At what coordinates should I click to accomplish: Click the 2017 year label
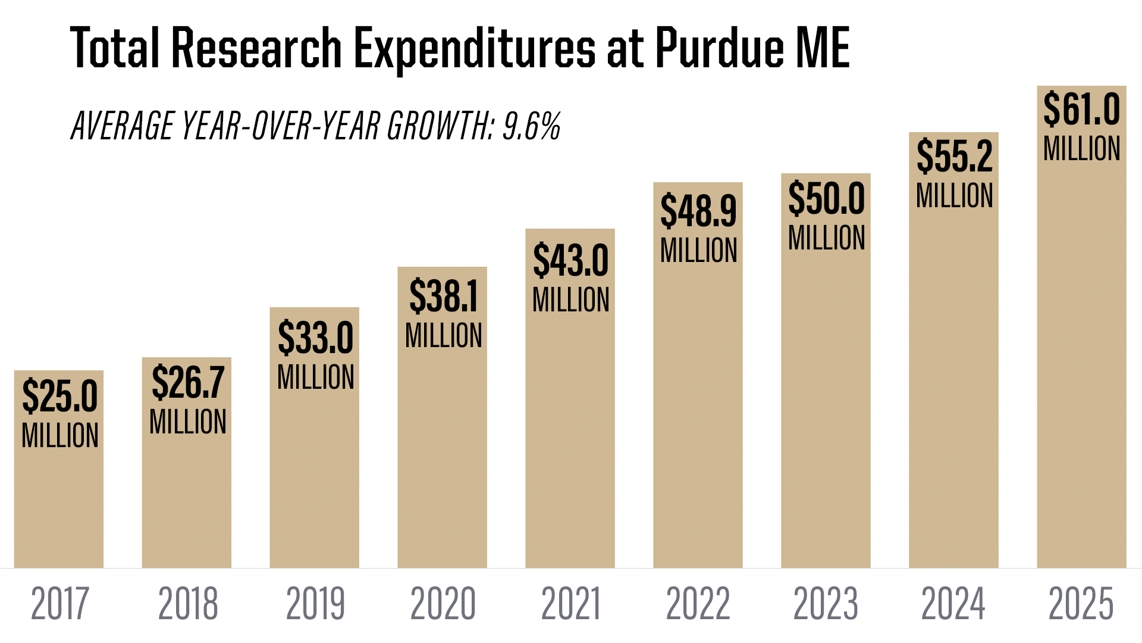(x=59, y=604)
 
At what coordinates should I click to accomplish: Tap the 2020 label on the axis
(x=443, y=604)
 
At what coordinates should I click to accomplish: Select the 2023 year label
(x=826, y=604)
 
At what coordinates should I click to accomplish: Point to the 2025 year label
(x=1081, y=604)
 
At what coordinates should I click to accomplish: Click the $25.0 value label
(x=59, y=396)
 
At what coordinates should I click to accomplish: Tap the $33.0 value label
(x=315, y=338)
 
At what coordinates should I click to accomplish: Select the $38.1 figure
(x=443, y=296)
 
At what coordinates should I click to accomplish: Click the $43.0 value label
(x=570, y=260)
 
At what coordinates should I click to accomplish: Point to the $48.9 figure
(x=698, y=211)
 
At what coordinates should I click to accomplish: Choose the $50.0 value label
(x=826, y=199)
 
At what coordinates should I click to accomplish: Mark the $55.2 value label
(x=954, y=157)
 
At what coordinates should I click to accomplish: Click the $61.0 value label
(x=1081, y=110)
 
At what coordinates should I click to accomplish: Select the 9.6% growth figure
(x=531, y=126)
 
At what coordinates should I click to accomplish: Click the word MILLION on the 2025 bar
(x=1081, y=149)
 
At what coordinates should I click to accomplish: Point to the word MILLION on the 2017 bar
(x=59, y=436)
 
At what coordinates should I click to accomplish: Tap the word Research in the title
(x=256, y=48)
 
